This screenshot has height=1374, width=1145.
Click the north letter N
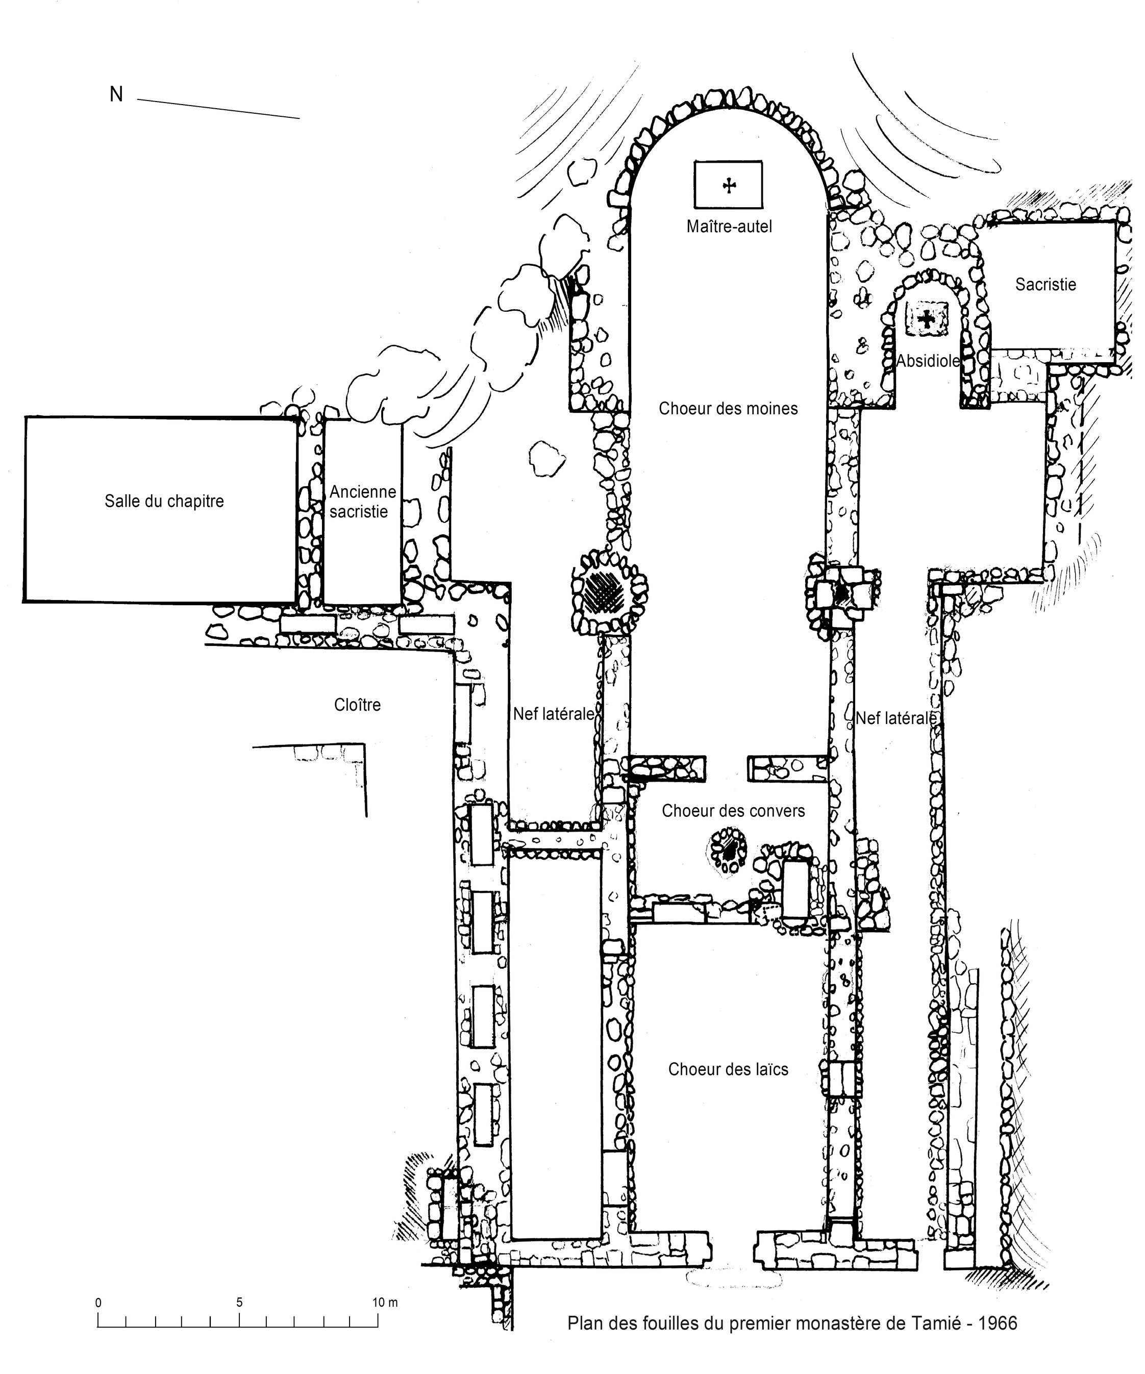point(116,95)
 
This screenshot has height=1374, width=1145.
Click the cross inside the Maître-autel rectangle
point(729,186)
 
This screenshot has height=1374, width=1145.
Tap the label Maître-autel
point(729,227)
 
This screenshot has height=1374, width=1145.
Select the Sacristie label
point(1045,284)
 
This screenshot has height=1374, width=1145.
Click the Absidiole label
point(928,361)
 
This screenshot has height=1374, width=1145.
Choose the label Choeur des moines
point(728,408)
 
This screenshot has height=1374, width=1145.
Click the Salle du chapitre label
point(164,501)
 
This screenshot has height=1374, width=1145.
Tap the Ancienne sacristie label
point(362,501)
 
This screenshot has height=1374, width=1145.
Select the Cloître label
point(357,705)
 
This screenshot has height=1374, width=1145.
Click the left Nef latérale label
point(553,714)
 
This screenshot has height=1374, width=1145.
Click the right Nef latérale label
point(895,718)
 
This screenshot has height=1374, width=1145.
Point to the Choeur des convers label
point(733,811)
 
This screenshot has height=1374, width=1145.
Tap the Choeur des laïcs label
point(728,1069)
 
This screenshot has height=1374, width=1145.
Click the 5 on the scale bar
point(239,1302)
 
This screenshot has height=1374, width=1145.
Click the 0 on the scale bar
point(98,1302)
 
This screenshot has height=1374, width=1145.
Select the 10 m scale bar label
point(385,1302)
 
